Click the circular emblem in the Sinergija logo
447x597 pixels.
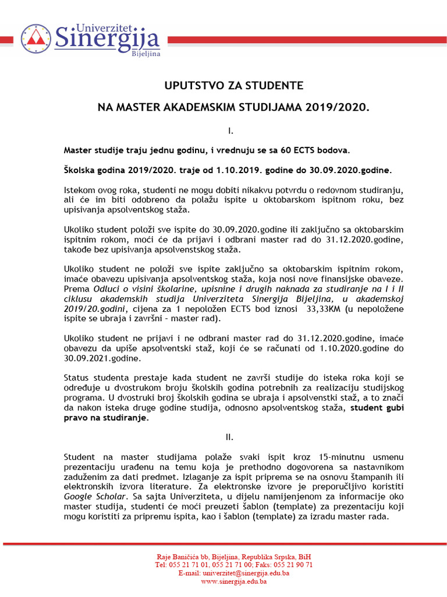(x=36, y=39)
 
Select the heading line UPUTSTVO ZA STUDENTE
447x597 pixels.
(x=233, y=86)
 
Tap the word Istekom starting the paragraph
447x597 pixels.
(x=80, y=191)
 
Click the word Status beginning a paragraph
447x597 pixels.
(x=77, y=378)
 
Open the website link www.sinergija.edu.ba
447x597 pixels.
(x=233, y=581)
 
